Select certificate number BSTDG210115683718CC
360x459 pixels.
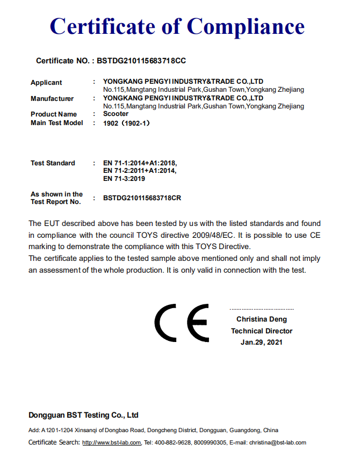pos(141,61)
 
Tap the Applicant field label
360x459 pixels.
pos(46,83)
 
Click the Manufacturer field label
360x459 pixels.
pos(52,99)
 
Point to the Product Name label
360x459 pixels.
pos(54,114)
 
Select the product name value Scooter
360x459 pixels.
pos(116,114)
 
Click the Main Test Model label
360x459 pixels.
pos(57,123)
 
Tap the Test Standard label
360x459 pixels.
pos(53,163)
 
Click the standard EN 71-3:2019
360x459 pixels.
pos(124,179)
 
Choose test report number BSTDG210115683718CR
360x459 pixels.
pos(142,198)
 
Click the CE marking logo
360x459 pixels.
pos(182,323)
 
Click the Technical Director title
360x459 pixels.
pos(262,331)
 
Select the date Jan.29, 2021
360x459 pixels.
pos(262,342)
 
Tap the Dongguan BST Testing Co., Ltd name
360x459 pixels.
pos(83,415)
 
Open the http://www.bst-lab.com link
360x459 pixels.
pos(111,442)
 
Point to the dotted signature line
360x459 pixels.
pos(262,309)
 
